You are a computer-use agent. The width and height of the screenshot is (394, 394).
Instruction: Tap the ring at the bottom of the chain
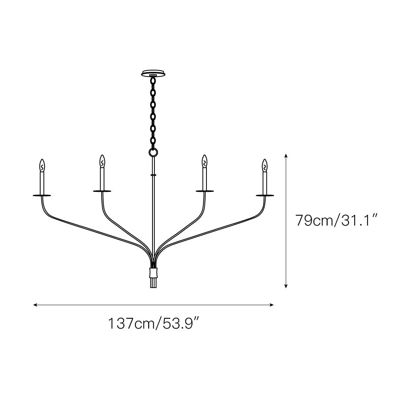coord(153,152)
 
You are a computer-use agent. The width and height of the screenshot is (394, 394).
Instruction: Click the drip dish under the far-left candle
coord(42,195)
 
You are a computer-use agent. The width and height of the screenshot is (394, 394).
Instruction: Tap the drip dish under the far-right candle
coord(265,195)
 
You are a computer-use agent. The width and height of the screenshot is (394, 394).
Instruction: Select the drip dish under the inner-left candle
coord(102,191)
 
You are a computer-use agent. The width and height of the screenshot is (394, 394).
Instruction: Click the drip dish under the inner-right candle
coord(205,191)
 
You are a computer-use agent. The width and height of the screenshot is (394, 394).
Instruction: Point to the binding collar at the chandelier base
coord(153,273)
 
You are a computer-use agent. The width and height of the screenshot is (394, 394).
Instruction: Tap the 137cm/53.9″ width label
coord(153,324)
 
